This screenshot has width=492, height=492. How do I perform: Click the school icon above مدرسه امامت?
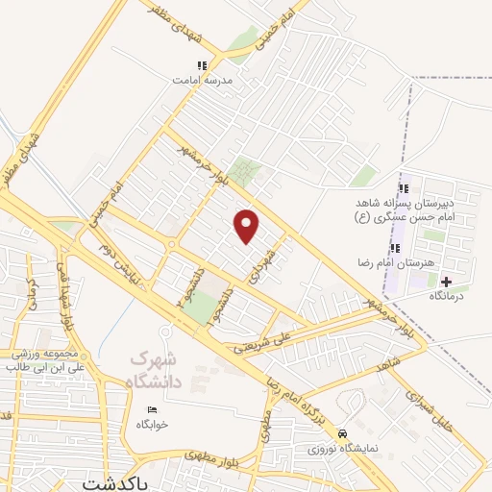click(202, 65)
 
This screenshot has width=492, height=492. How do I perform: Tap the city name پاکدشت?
click(116, 482)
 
